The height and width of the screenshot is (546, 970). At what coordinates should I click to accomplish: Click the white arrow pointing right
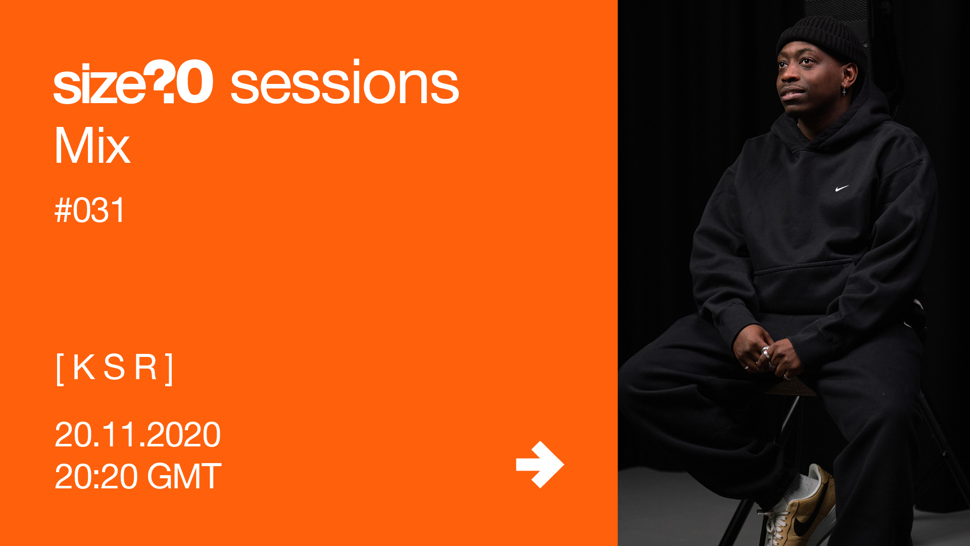pos(540,465)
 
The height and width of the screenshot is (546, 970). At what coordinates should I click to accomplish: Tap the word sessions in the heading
pos(345,83)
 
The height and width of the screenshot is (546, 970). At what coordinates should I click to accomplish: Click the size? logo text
pos(133,82)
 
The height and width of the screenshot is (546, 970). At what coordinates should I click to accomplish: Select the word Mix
pos(92,146)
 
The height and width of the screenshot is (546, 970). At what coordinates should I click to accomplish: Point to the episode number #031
pos(90,210)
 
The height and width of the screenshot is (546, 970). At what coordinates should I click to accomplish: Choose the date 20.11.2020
pos(137,435)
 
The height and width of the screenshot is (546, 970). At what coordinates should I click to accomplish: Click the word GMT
pos(184,476)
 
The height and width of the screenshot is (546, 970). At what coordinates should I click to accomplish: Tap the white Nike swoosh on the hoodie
pos(841,189)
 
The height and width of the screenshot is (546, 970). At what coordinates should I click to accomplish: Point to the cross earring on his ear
pos(844,91)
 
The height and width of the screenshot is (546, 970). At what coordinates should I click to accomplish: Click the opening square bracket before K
pos(60,370)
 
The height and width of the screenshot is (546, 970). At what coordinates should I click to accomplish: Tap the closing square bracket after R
pos(169,370)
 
